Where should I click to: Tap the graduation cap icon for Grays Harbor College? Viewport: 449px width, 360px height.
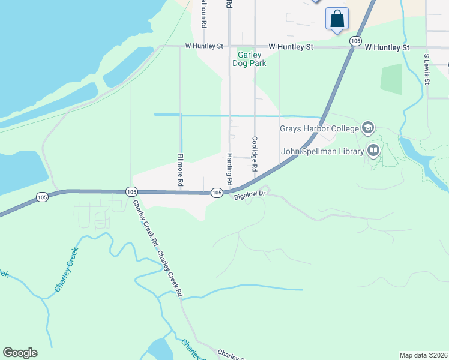tap(368, 127)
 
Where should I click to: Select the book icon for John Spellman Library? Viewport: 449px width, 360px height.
tap(374, 149)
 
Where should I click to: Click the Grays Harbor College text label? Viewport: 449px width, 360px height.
tap(319, 128)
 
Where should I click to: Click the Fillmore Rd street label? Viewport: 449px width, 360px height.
tap(180, 169)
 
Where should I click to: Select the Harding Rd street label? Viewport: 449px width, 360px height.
tap(229, 169)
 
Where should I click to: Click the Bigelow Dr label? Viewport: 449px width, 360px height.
tap(250, 195)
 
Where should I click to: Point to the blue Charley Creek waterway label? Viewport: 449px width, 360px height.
tap(67, 274)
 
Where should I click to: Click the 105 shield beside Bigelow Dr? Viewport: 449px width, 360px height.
tap(217, 193)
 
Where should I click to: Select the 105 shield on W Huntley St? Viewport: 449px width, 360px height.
tap(355, 41)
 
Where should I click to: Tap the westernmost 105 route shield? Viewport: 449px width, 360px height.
tap(41, 197)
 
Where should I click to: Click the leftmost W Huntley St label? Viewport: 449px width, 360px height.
tap(204, 46)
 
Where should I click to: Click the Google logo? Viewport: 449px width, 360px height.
tap(20, 353)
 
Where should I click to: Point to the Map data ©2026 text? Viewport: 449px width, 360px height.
tap(423, 355)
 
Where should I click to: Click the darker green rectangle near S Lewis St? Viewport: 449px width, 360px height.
tap(391, 80)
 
